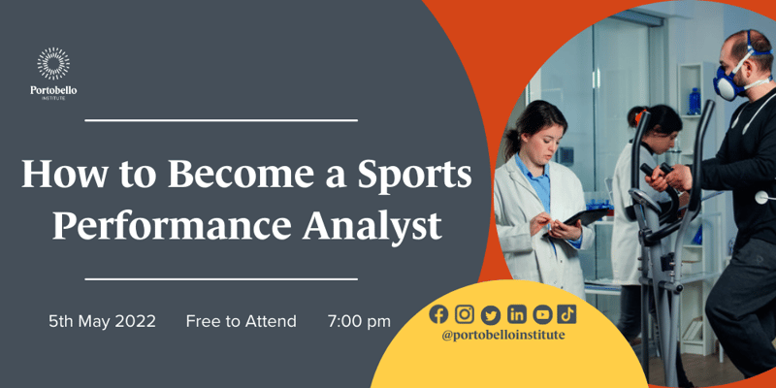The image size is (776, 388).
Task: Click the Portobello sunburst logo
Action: (53, 64)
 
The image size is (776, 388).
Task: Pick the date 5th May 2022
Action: (103, 322)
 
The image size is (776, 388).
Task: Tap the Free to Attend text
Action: (241, 322)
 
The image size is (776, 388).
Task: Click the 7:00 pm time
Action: (359, 322)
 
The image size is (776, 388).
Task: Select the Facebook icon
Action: (438, 314)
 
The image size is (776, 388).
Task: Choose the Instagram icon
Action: (465, 314)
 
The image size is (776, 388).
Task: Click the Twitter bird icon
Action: (490, 314)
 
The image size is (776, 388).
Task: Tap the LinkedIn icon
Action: (516, 314)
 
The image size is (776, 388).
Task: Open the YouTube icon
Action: (542, 314)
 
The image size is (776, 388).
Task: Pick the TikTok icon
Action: (567, 314)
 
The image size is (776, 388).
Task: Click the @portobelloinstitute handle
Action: (502, 336)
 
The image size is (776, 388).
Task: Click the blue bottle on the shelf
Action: (695, 102)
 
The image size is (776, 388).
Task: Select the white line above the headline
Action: (221, 120)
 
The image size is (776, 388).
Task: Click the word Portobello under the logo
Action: (53, 90)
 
